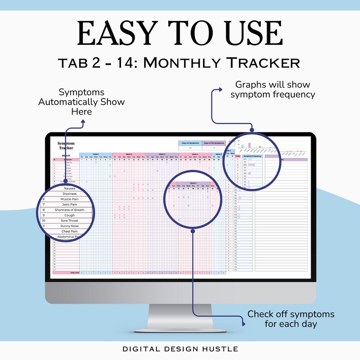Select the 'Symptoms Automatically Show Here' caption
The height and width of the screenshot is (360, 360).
click(x=81, y=102)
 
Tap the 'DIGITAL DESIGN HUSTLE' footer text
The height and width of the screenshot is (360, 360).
click(x=180, y=349)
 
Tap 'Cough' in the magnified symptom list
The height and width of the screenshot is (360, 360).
click(x=69, y=215)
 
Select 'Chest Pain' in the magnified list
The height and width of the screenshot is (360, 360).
click(x=70, y=231)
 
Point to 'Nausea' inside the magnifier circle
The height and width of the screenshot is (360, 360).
click(x=69, y=188)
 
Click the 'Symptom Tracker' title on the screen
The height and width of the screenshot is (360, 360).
click(x=66, y=145)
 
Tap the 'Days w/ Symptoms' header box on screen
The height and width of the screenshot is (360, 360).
click(x=190, y=143)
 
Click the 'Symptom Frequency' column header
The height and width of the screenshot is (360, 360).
click(x=253, y=156)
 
